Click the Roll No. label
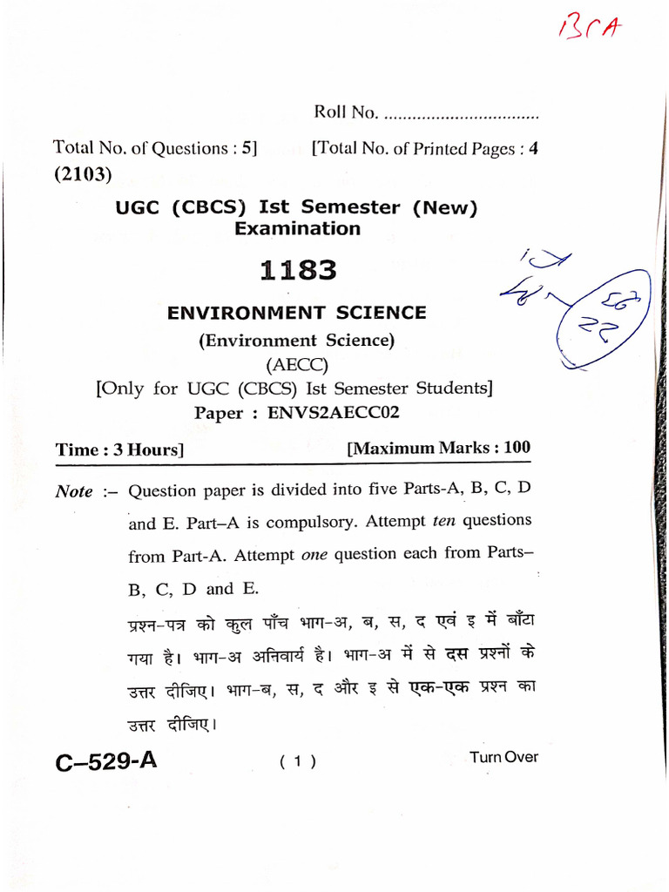click(345, 112)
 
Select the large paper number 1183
click(297, 271)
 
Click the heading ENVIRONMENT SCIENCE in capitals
click(297, 313)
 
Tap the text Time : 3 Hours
click(118, 449)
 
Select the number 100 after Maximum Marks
click(516, 448)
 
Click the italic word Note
click(74, 491)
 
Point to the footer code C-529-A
click(106, 761)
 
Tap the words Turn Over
click(503, 757)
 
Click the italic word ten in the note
click(444, 521)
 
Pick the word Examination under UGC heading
click(297, 229)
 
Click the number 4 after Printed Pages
click(534, 148)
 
